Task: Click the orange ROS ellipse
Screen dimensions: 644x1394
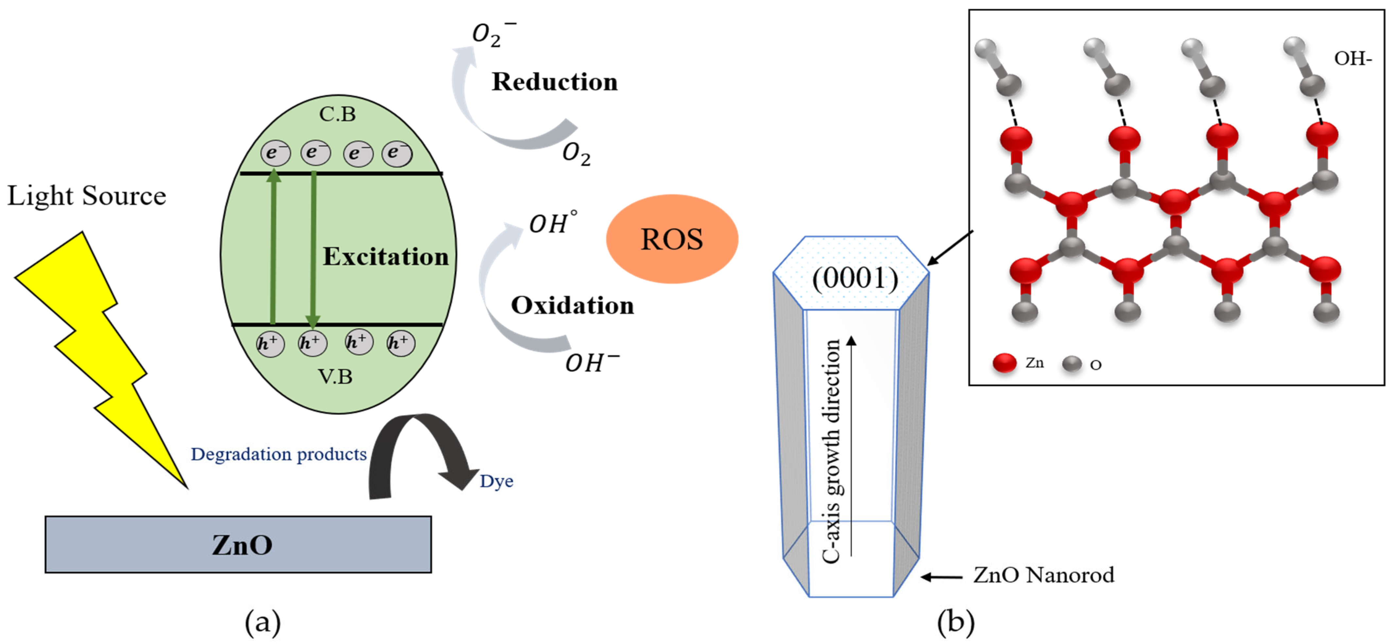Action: pos(671,239)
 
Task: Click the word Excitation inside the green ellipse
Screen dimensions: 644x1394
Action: pos(385,256)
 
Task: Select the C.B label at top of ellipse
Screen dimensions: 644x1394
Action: pos(337,114)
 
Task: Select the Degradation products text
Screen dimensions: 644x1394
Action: pos(279,454)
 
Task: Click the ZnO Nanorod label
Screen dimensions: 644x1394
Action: pos(1043,575)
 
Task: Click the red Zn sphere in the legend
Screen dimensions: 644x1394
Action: pos(1004,363)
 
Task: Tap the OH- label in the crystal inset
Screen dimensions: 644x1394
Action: pos(1352,59)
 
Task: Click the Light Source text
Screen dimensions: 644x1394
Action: pos(87,195)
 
